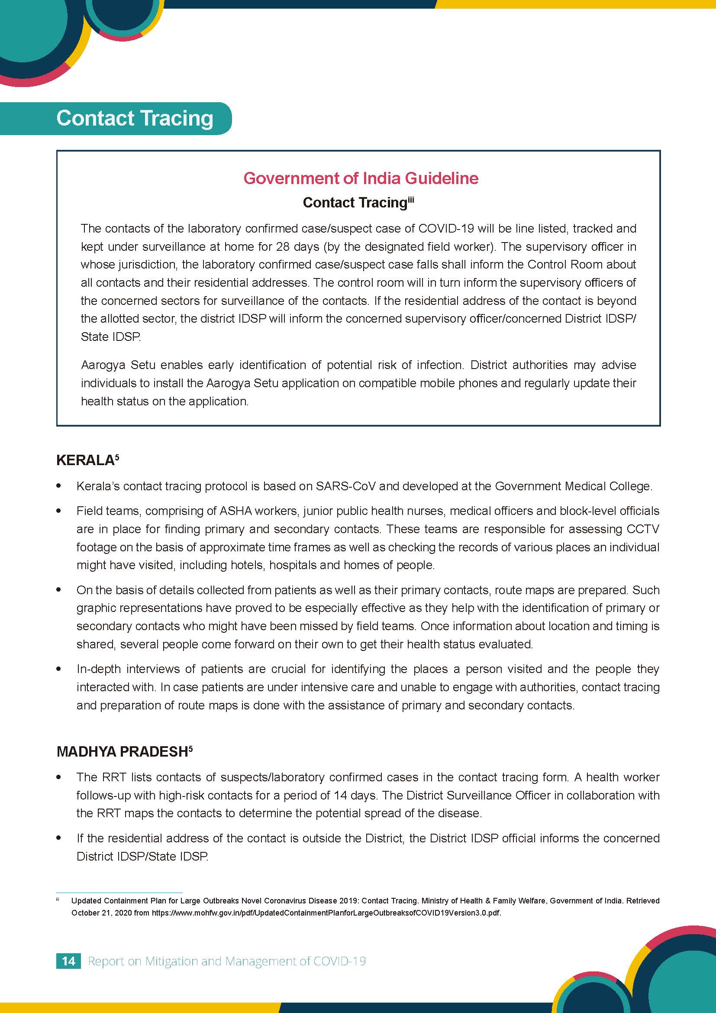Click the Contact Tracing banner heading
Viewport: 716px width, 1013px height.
(x=135, y=118)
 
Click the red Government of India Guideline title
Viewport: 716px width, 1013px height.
(x=361, y=178)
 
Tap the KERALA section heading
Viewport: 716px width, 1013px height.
(x=85, y=460)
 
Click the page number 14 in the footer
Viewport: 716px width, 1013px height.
(x=68, y=961)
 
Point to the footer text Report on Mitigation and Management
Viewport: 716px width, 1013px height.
(x=226, y=961)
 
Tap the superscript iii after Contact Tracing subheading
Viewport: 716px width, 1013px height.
(x=411, y=199)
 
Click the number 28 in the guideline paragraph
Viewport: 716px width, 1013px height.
(x=283, y=246)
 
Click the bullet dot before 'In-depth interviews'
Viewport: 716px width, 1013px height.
(x=58, y=669)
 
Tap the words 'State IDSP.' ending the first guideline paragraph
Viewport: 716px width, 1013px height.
(x=111, y=337)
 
